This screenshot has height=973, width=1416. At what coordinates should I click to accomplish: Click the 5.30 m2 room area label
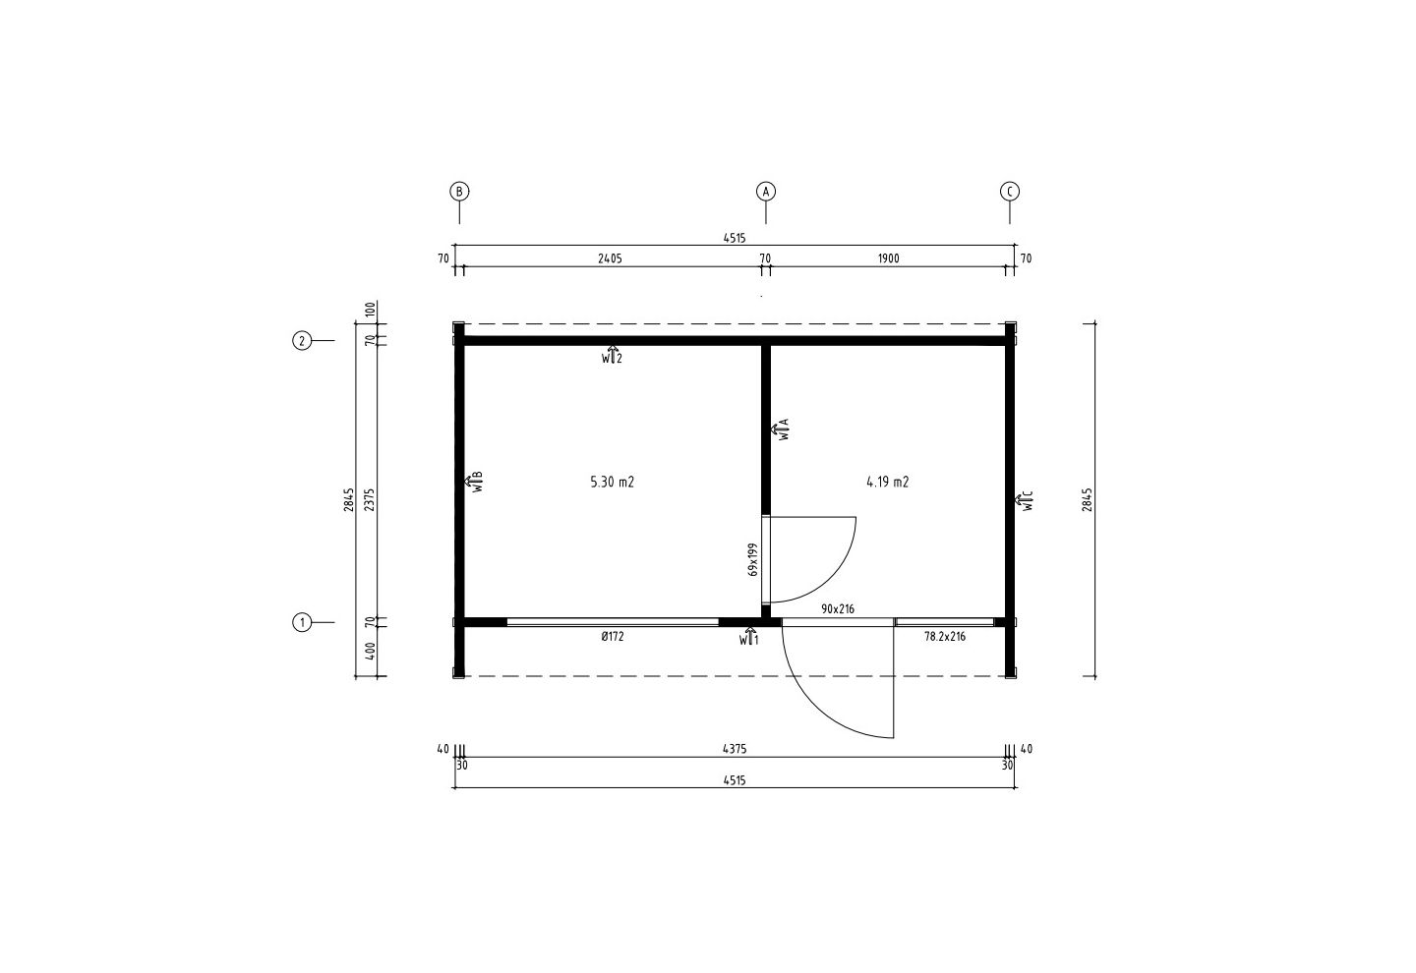[x=612, y=482]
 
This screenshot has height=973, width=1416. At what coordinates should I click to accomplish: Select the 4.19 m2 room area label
[x=888, y=482]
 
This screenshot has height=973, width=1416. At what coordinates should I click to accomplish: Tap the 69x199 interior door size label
[x=753, y=559]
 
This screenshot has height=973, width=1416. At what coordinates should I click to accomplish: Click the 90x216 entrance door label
[x=838, y=609]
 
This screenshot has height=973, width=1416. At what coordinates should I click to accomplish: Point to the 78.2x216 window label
[x=945, y=636]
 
